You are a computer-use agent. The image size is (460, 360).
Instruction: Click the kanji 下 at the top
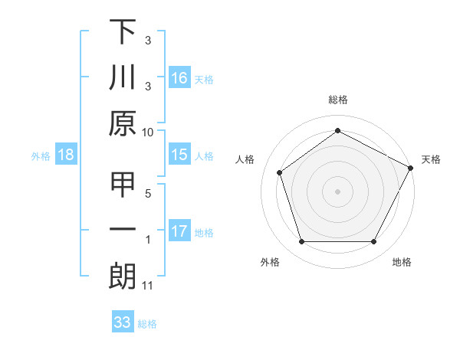[123, 32]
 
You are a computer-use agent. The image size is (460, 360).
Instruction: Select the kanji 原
[123, 123]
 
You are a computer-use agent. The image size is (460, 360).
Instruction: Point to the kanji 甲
[123, 185]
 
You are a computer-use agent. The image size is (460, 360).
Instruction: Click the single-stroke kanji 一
[123, 231]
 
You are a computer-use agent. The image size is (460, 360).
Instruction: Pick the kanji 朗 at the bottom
[123, 277]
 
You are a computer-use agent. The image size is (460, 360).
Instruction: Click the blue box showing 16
[179, 78]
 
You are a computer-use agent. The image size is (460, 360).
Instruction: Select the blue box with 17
[179, 231]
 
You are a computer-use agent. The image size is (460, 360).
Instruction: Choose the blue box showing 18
[66, 155]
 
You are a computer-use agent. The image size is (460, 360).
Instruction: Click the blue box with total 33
[123, 323]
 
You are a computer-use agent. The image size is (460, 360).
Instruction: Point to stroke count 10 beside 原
[148, 132]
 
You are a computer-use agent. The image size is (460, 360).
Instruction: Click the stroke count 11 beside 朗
[148, 286]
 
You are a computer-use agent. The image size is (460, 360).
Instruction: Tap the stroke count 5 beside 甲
[148, 193]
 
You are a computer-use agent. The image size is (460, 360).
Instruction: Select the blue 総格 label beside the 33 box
[148, 324]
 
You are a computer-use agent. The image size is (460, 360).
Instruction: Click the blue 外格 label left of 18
[41, 156]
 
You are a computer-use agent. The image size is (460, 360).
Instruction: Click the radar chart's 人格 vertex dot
[280, 172]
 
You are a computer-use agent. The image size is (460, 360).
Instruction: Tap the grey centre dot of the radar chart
[337, 191]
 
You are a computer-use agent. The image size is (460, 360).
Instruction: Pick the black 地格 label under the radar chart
[402, 263]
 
